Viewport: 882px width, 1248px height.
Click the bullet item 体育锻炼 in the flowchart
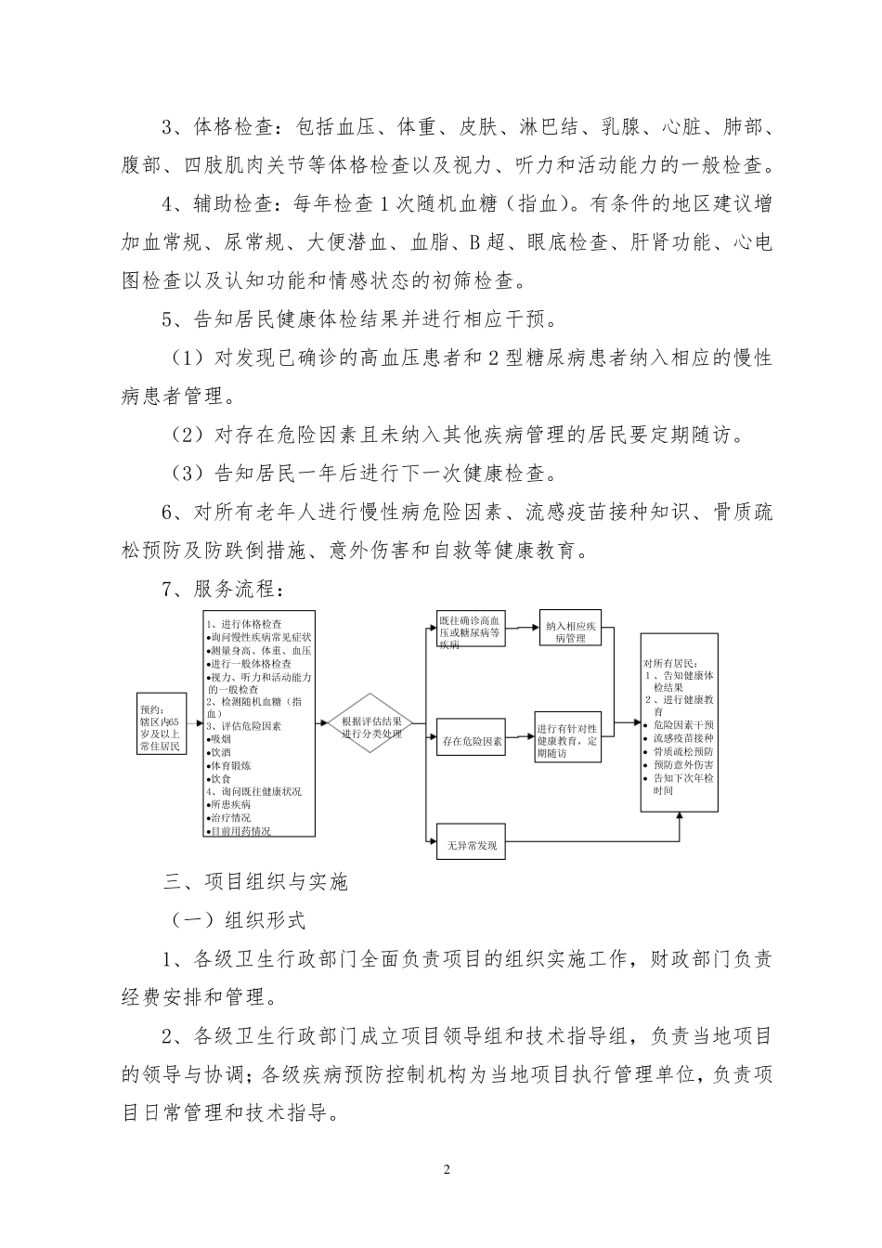(x=230, y=766)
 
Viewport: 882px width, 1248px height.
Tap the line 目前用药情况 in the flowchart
(x=240, y=831)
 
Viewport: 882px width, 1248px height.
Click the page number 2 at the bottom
(x=447, y=1168)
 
